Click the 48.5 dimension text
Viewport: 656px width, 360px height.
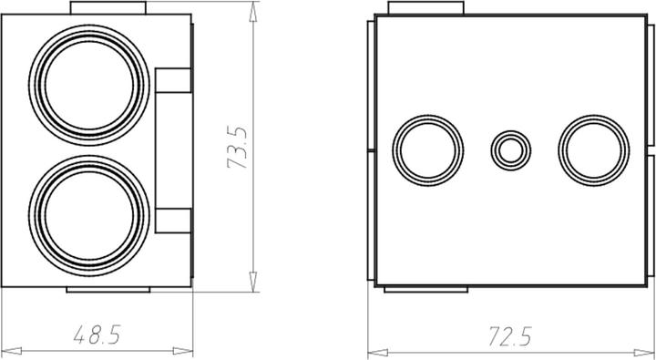click(97, 335)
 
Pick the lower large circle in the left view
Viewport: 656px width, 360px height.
click(88, 211)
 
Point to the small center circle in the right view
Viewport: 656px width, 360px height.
click(508, 149)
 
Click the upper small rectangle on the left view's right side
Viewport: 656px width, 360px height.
click(172, 80)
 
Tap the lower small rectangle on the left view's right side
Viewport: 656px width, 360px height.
click(172, 221)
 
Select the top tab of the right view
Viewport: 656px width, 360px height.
click(427, 8)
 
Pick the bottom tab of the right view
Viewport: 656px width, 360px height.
click(427, 289)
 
